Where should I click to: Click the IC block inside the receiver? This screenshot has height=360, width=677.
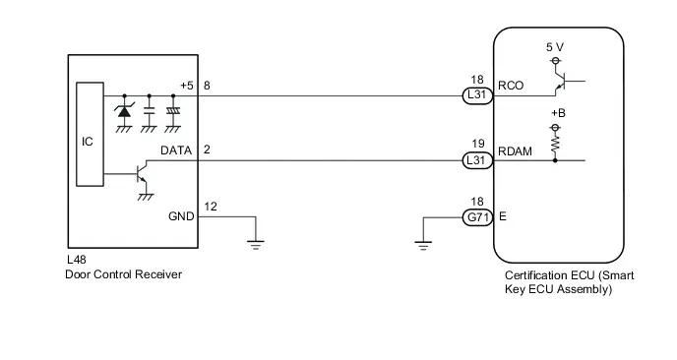[90, 134]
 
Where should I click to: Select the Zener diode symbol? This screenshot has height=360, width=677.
[124, 111]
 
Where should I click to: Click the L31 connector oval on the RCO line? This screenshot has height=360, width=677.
[477, 95]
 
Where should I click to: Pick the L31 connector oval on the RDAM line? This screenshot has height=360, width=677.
[477, 160]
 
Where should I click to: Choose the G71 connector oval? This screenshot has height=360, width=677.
[477, 217]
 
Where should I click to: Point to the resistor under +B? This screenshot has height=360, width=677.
[555, 144]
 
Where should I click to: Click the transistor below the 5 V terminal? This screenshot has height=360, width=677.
[562, 81]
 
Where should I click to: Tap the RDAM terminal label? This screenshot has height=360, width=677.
[515, 151]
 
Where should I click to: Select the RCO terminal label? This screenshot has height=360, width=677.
[511, 86]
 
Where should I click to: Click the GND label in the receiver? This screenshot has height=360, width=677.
[181, 216]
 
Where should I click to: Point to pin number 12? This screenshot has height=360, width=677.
[211, 207]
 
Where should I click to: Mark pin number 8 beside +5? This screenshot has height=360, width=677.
[207, 86]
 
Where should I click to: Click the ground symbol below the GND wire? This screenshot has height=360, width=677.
[256, 245]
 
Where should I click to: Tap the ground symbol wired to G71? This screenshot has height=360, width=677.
[423, 246]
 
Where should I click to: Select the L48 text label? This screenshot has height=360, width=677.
[77, 260]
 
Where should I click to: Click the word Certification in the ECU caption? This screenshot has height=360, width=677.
[536, 275]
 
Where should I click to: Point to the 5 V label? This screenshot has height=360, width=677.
[555, 47]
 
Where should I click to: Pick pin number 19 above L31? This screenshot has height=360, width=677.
[478, 144]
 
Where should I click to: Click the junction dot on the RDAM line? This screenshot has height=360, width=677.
[555, 160]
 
